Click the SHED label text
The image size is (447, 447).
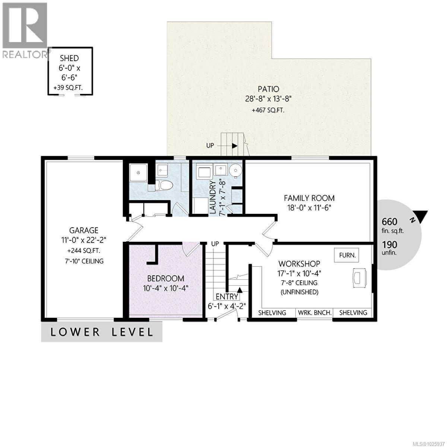(x=70, y=58)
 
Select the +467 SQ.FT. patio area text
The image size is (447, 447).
(x=269, y=110)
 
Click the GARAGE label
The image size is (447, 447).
(x=83, y=231)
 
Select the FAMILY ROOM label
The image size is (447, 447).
(x=309, y=198)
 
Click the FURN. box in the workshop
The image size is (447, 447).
(x=348, y=256)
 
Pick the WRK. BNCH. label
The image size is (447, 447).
(x=315, y=313)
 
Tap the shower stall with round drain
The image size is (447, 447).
(x=138, y=173)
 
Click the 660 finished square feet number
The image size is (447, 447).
(x=390, y=222)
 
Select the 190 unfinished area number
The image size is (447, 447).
(x=390, y=244)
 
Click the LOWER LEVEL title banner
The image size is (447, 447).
(x=102, y=332)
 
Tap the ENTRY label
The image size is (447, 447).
(x=227, y=297)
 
